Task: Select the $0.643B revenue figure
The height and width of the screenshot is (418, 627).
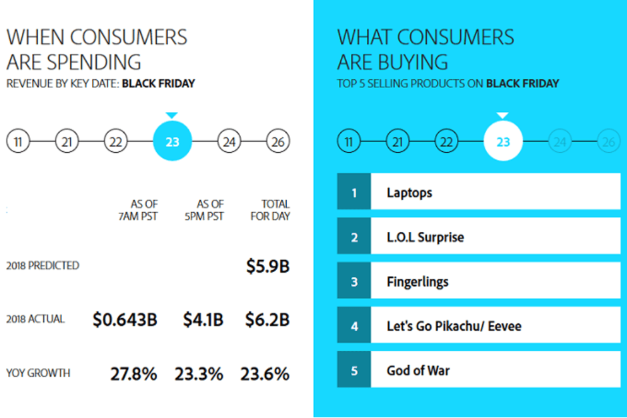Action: click(125, 320)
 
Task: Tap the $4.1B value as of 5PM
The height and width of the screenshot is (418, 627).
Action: click(203, 320)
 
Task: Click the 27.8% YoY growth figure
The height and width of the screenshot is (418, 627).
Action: click(133, 374)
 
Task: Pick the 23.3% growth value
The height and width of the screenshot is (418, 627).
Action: click(199, 374)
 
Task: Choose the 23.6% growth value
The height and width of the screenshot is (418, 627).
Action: click(265, 374)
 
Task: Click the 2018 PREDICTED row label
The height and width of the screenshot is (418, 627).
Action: click(43, 265)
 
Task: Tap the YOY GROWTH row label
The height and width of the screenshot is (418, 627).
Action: click(38, 373)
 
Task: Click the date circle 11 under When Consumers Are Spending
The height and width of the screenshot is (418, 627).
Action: click(18, 141)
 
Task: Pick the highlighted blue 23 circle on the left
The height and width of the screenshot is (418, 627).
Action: click(172, 141)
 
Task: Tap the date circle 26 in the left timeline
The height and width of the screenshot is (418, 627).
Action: click(277, 141)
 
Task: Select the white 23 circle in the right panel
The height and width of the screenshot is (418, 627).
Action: click(503, 141)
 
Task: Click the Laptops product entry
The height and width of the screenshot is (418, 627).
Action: click(410, 193)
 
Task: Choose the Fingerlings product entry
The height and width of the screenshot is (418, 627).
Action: click(418, 282)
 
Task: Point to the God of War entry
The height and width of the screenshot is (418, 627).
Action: click(418, 371)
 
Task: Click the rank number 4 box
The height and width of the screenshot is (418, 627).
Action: click(354, 327)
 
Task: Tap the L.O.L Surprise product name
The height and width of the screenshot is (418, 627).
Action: click(425, 237)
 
